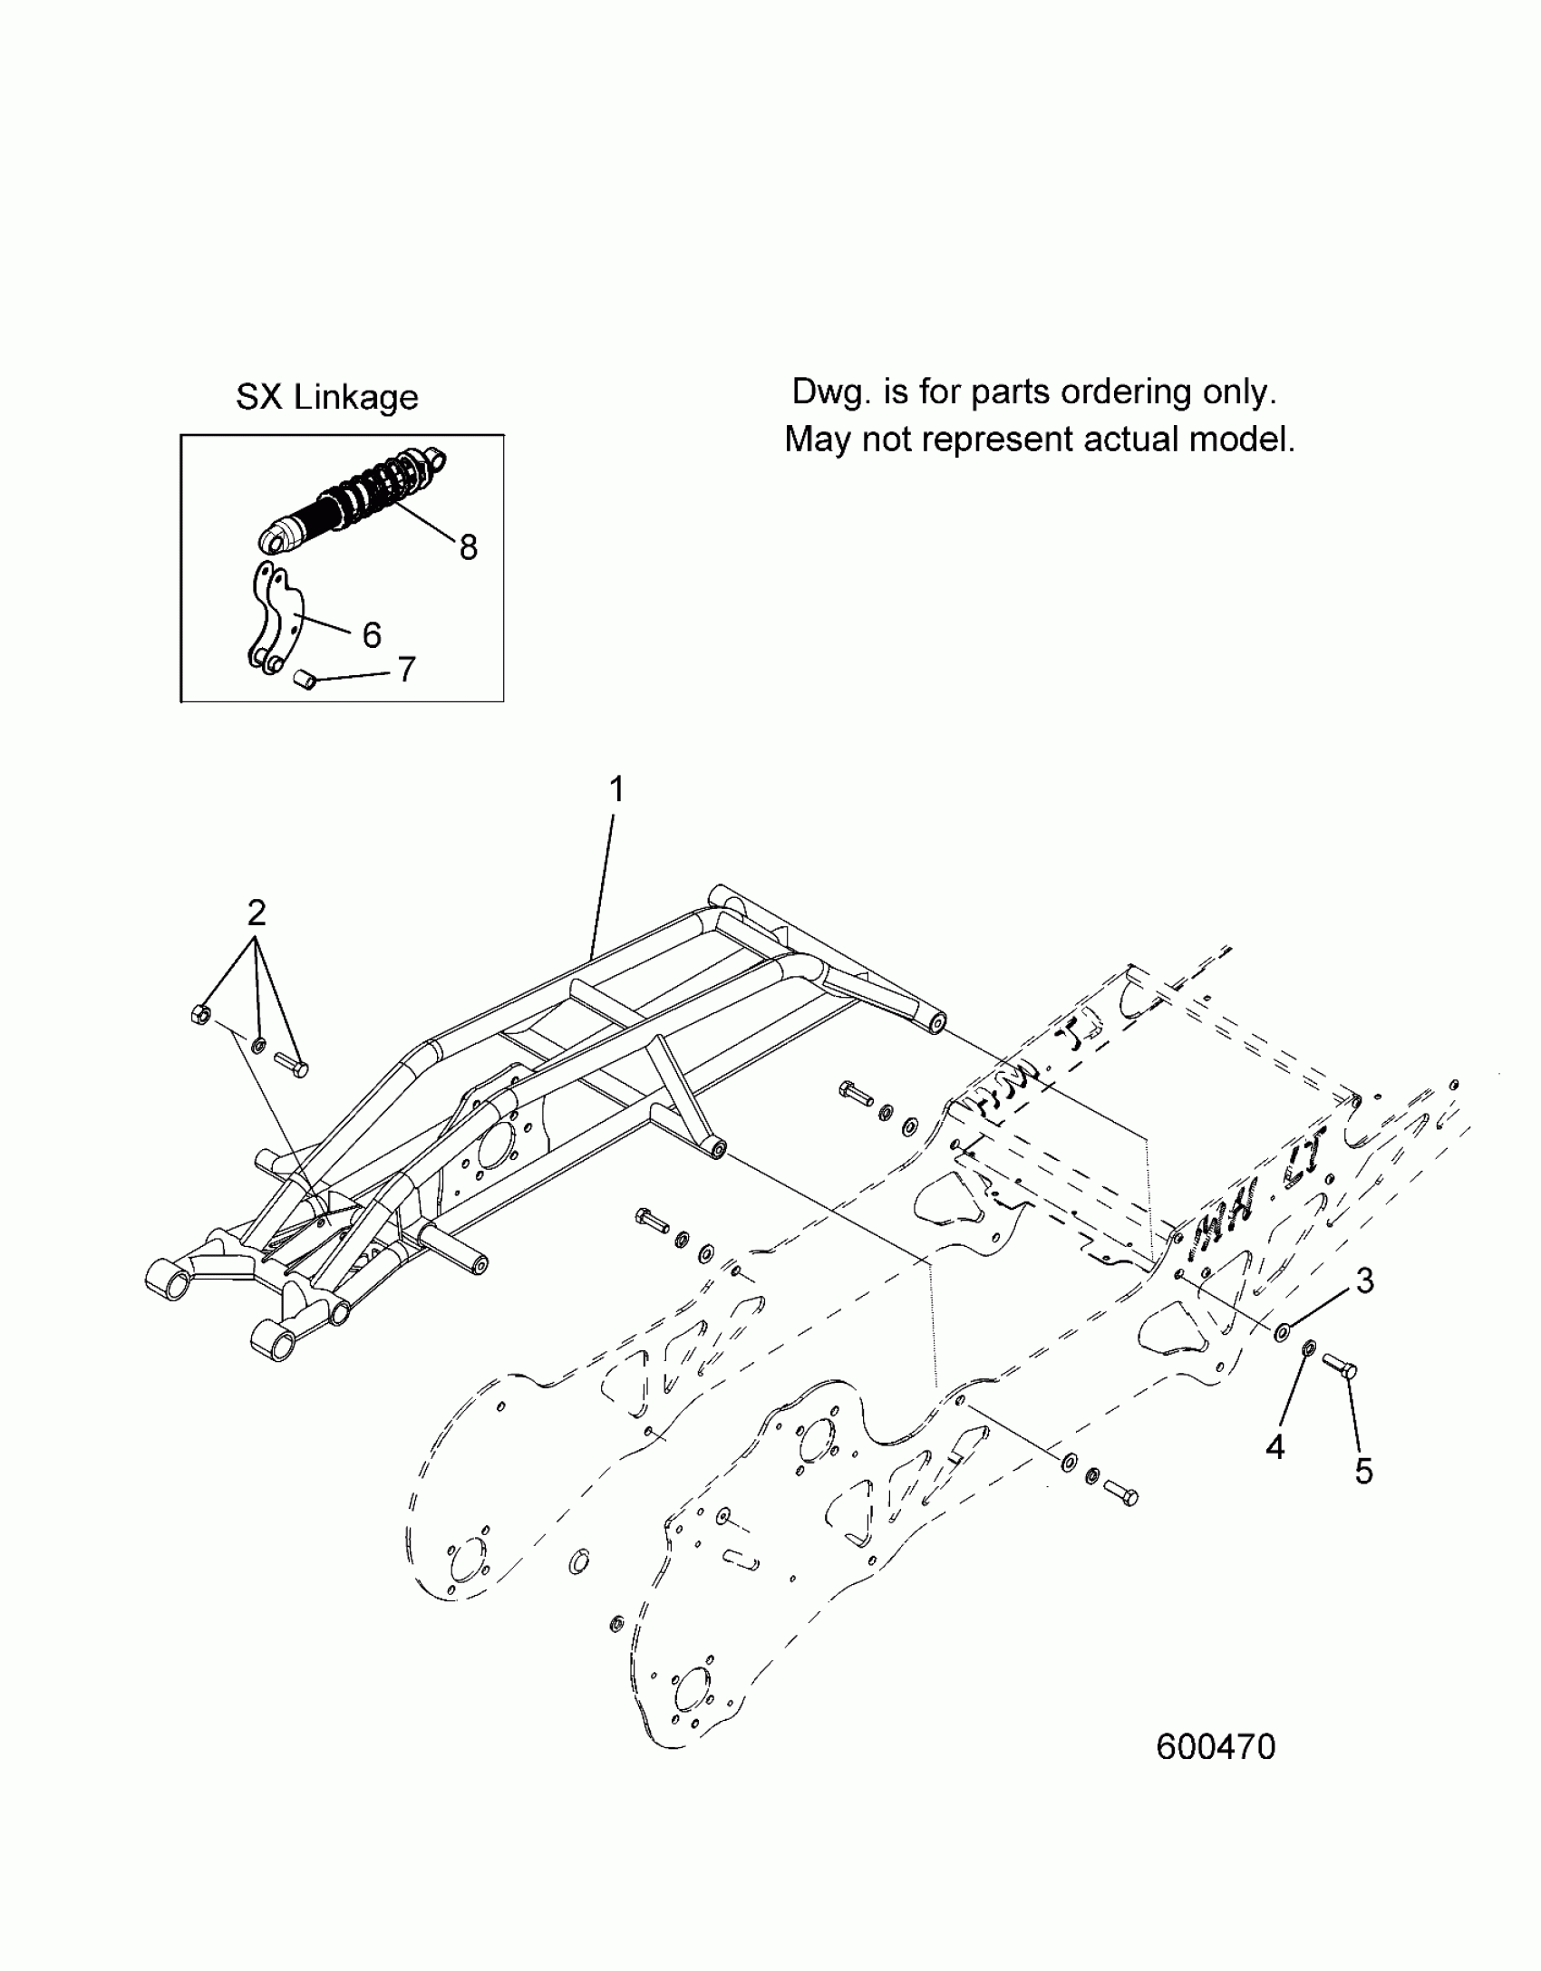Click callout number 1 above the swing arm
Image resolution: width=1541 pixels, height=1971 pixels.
(616, 790)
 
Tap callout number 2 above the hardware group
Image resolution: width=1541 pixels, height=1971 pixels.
(257, 913)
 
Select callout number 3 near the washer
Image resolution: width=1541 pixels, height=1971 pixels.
(1364, 1280)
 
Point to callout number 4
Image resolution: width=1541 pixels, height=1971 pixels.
(1274, 1447)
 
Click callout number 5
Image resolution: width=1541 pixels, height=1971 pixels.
(1363, 1471)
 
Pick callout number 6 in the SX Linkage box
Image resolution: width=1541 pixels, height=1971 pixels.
(372, 635)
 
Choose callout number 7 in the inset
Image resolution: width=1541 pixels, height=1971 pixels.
(406, 670)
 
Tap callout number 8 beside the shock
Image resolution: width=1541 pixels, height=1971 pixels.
(468, 546)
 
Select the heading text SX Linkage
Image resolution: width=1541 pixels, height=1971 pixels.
(327, 397)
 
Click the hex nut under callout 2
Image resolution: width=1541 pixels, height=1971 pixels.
(201, 1015)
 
